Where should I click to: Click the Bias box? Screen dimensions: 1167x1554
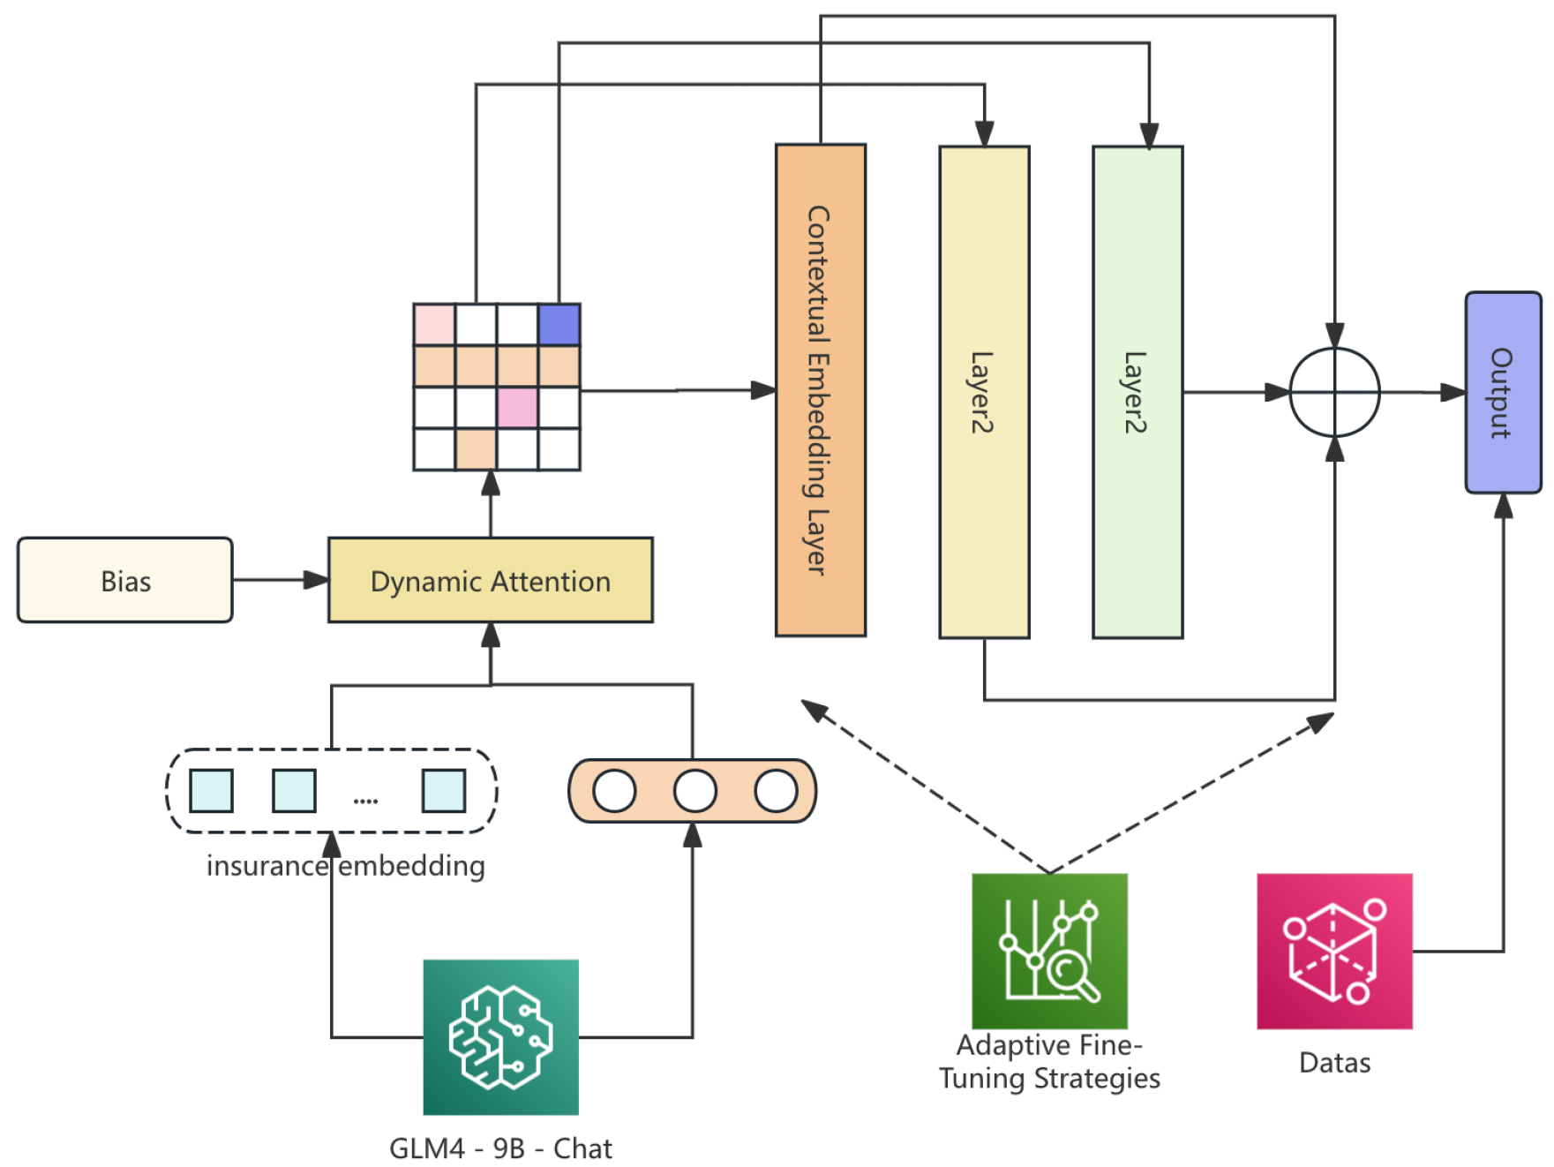click(x=125, y=580)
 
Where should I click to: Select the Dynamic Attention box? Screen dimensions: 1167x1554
click(x=490, y=580)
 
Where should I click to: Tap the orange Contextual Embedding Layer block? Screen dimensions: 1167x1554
click(x=820, y=389)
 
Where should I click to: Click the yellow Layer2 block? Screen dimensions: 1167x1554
click(x=983, y=392)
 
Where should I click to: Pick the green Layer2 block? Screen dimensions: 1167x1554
click(x=1137, y=392)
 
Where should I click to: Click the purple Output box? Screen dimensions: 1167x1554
click(x=1502, y=392)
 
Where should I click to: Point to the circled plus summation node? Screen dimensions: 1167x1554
click(x=1333, y=392)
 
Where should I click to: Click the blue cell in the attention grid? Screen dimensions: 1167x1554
click(x=559, y=324)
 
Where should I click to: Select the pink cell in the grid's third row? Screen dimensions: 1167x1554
click(x=517, y=407)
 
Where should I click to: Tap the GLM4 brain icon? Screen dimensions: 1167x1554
click(x=500, y=1036)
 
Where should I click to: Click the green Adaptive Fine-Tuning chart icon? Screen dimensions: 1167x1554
click(x=1048, y=950)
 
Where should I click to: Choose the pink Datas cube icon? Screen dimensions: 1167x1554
click(x=1333, y=950)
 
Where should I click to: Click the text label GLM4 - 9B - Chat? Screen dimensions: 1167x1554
click(x=500, y=1148)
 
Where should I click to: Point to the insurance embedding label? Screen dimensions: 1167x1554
click(x=345, y=865)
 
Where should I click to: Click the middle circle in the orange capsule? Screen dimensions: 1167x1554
click(x=694, y=790)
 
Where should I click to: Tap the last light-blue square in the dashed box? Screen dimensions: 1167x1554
click(x=443, y=790)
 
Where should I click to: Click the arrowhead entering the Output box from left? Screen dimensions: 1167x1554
click(x=1453, y=392)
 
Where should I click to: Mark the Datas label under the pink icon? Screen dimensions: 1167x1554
click(x=1333, y=1062)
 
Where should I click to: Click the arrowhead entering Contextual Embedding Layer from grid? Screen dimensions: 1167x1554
click(x=763, y=389)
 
